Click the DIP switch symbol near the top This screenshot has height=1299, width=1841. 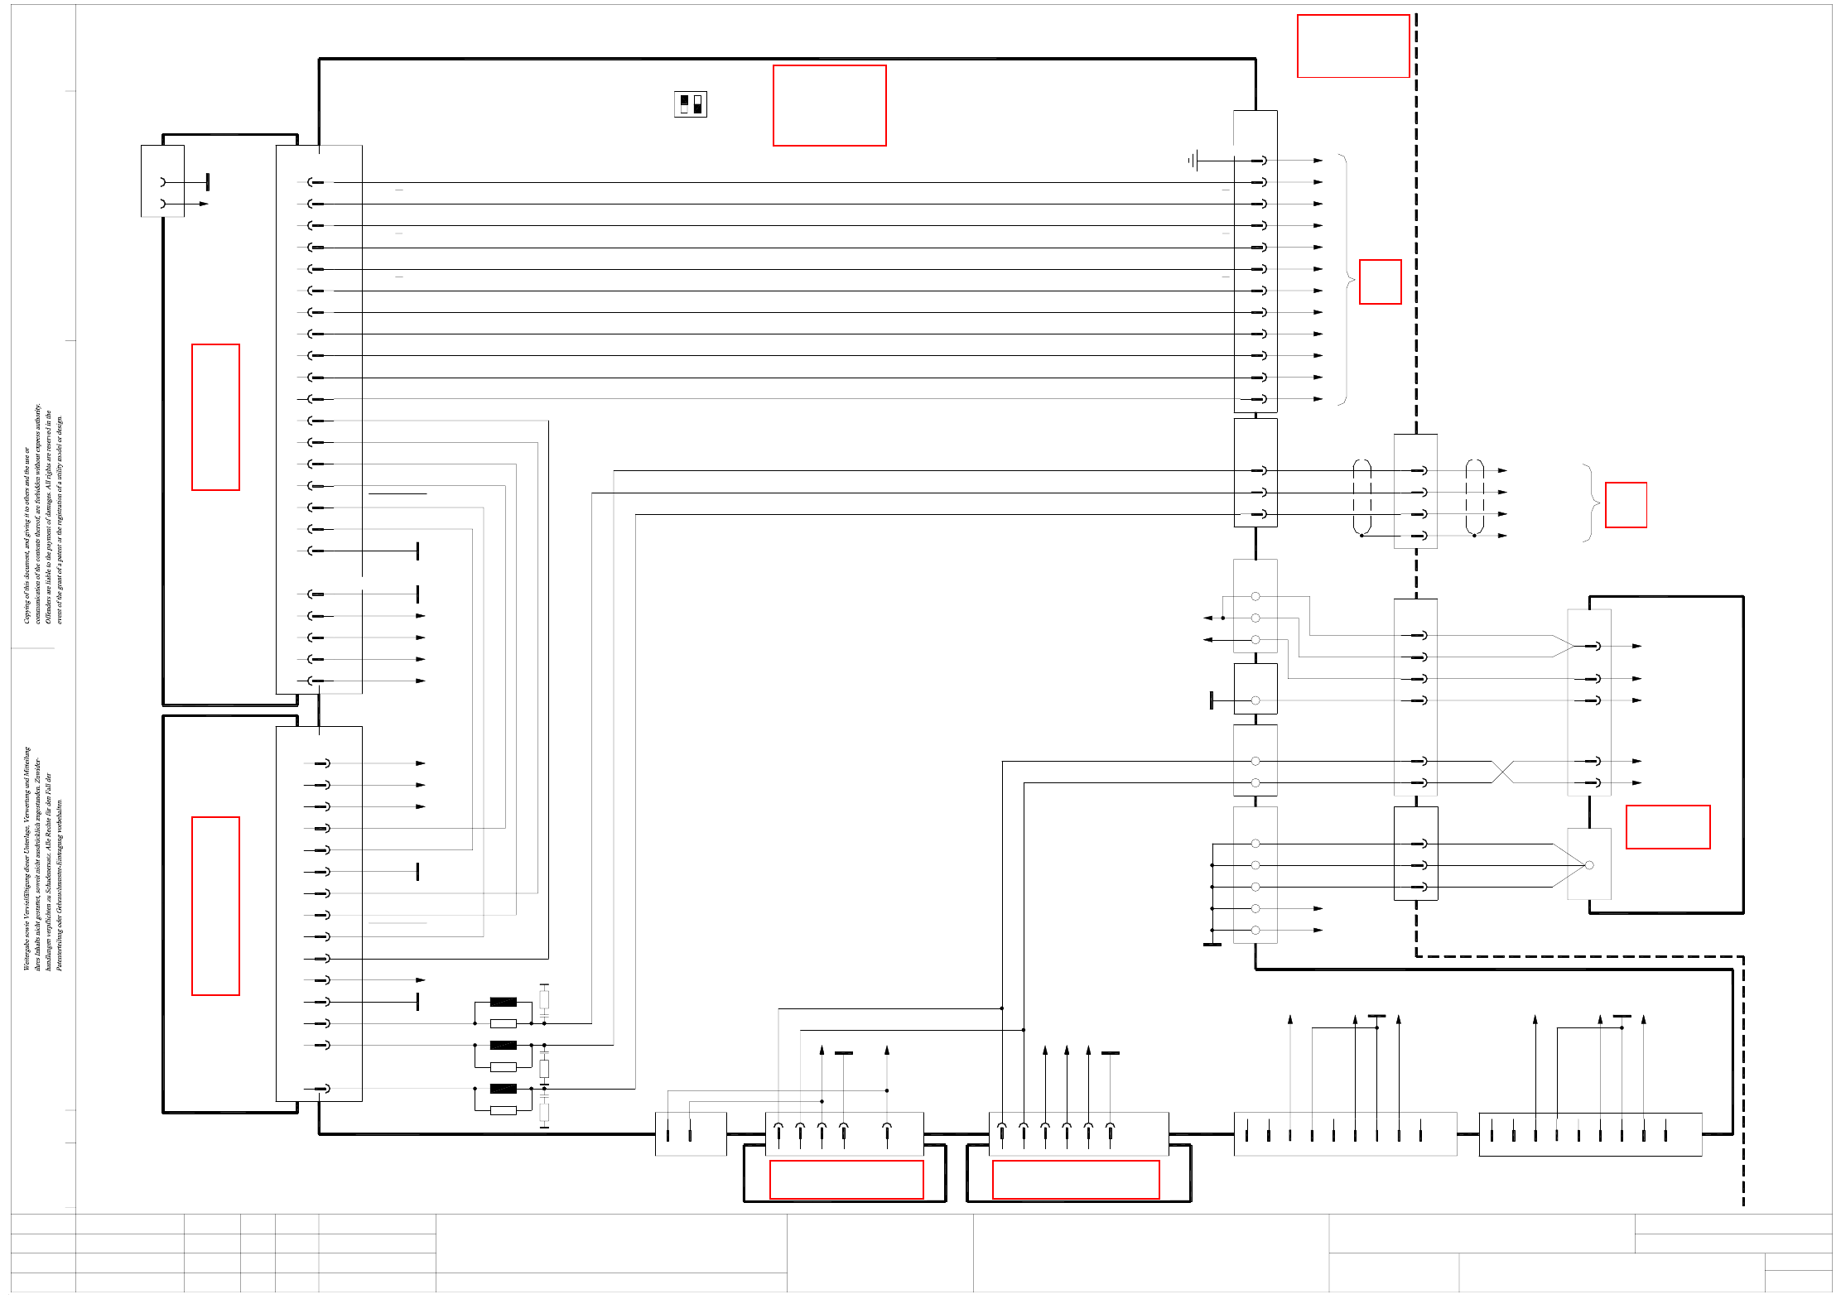pyautogui.click(x=690, y=104)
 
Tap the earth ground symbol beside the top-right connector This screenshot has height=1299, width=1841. pyautogui.click(x=1193, y=161)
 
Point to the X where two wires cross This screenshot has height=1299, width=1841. pyautogui.click(x=1502, y=772)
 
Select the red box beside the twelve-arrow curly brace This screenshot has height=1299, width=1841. pyautogui.click(x=1380, y=281)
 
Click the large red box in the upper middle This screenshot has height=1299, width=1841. pyautogui.click(x=829, y=105)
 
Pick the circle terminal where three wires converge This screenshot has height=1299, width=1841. pyautogui.click(x=1588, y=865)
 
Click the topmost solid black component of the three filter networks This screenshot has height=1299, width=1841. pyautogui.click(x=503, y=1002)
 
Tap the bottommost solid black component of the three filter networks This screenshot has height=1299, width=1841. pyautogui.click(x=503, y=1089)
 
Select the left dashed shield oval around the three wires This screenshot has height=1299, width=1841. pyautogui.click(x=1361, y=497)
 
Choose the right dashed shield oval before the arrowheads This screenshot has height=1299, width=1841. pyautogui.click(x=1474, y=497)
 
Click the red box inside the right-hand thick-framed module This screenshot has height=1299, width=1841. pyautogui.click(x=1667, y=826)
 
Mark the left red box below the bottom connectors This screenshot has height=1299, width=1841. pyautogui.click(x=846, y=1179)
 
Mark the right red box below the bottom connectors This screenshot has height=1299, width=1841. pyautogui.click(x=1075, y=1179)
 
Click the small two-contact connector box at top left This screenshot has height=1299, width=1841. pyautogui.click(x=162, y=181)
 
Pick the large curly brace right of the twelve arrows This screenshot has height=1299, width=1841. pyautogui.click(x=1346, y=280)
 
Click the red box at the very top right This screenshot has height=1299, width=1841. pyautogui.click(x=1352, y=46)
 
